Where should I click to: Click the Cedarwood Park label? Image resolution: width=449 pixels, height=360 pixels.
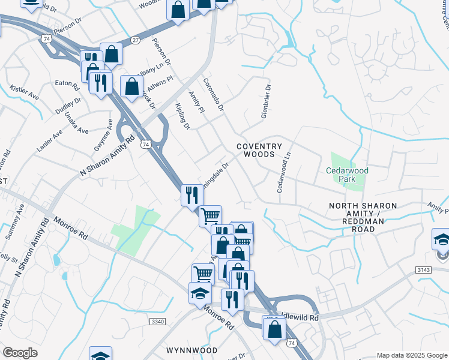pos(347,175)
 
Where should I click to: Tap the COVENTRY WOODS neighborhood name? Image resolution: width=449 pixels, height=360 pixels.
pos(259,150)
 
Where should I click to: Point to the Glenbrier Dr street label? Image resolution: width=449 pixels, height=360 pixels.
pos(265,100)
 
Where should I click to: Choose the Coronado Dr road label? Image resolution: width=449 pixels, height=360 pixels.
pos(213,95)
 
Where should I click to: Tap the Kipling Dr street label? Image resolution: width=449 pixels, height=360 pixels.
pos(183,114)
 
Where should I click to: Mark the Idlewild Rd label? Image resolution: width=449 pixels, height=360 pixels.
pos(300,316)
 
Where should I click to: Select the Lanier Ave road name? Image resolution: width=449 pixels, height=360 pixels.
pos(49,140)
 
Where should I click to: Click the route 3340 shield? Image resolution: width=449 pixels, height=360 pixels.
pos(157,322)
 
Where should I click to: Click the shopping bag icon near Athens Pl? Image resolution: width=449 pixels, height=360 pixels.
pos(131,86)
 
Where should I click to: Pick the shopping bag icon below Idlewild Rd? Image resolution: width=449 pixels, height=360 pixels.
pos(274,329)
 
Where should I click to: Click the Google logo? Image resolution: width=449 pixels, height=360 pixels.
pos(20,353)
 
